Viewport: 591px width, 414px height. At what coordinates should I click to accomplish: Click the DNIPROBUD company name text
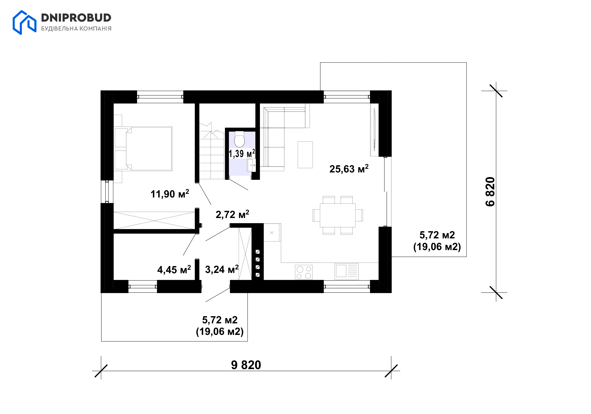tap(76, 18)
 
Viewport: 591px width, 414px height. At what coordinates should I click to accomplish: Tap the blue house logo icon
tap(25, 22)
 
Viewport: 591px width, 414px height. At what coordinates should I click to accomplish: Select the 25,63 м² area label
tap(349, 169)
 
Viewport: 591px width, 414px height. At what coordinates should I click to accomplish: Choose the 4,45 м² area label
tap(174, 269)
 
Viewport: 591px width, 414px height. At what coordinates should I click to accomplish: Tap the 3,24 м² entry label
tap(222, 269)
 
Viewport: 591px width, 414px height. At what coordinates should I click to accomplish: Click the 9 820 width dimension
tap(246, 365)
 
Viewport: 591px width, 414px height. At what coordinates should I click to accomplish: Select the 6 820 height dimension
tap(490, 192)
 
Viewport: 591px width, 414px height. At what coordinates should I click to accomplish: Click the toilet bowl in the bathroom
tap(239, 139)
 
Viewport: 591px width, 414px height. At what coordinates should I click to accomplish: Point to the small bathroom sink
tap(251, 165)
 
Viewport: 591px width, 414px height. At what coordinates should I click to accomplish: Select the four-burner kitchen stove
tap(304, 272)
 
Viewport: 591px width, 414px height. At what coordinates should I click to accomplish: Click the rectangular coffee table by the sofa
tap(305, 155)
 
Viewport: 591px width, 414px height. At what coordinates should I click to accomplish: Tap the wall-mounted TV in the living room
tap(374, 129)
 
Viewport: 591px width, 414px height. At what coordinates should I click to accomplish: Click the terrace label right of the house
tap(437, 241)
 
